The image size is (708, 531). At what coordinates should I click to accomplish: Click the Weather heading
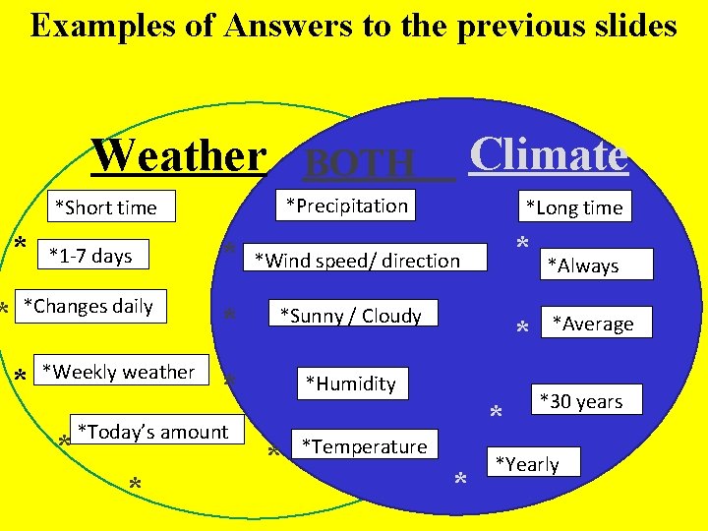[x=178, y=155]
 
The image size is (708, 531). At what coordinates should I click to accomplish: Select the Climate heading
[x=548, y=154]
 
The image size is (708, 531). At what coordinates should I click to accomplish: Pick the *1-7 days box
[x=91, y=256]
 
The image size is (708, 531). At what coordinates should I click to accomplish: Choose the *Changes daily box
[x=90, y=306]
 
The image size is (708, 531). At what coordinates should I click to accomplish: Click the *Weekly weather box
[x=122, y=371]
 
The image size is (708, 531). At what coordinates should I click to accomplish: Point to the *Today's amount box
[x=155, y=431]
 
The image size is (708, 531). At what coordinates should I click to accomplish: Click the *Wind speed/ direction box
[x=365, y=259]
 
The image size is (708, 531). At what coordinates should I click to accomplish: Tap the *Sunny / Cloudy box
[x=351, y=315]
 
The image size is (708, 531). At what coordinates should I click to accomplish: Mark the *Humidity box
[x=351, y=383]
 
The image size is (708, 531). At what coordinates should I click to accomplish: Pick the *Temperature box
[x=365, y=445]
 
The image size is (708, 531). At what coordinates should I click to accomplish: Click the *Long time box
[x=574, y=206]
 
